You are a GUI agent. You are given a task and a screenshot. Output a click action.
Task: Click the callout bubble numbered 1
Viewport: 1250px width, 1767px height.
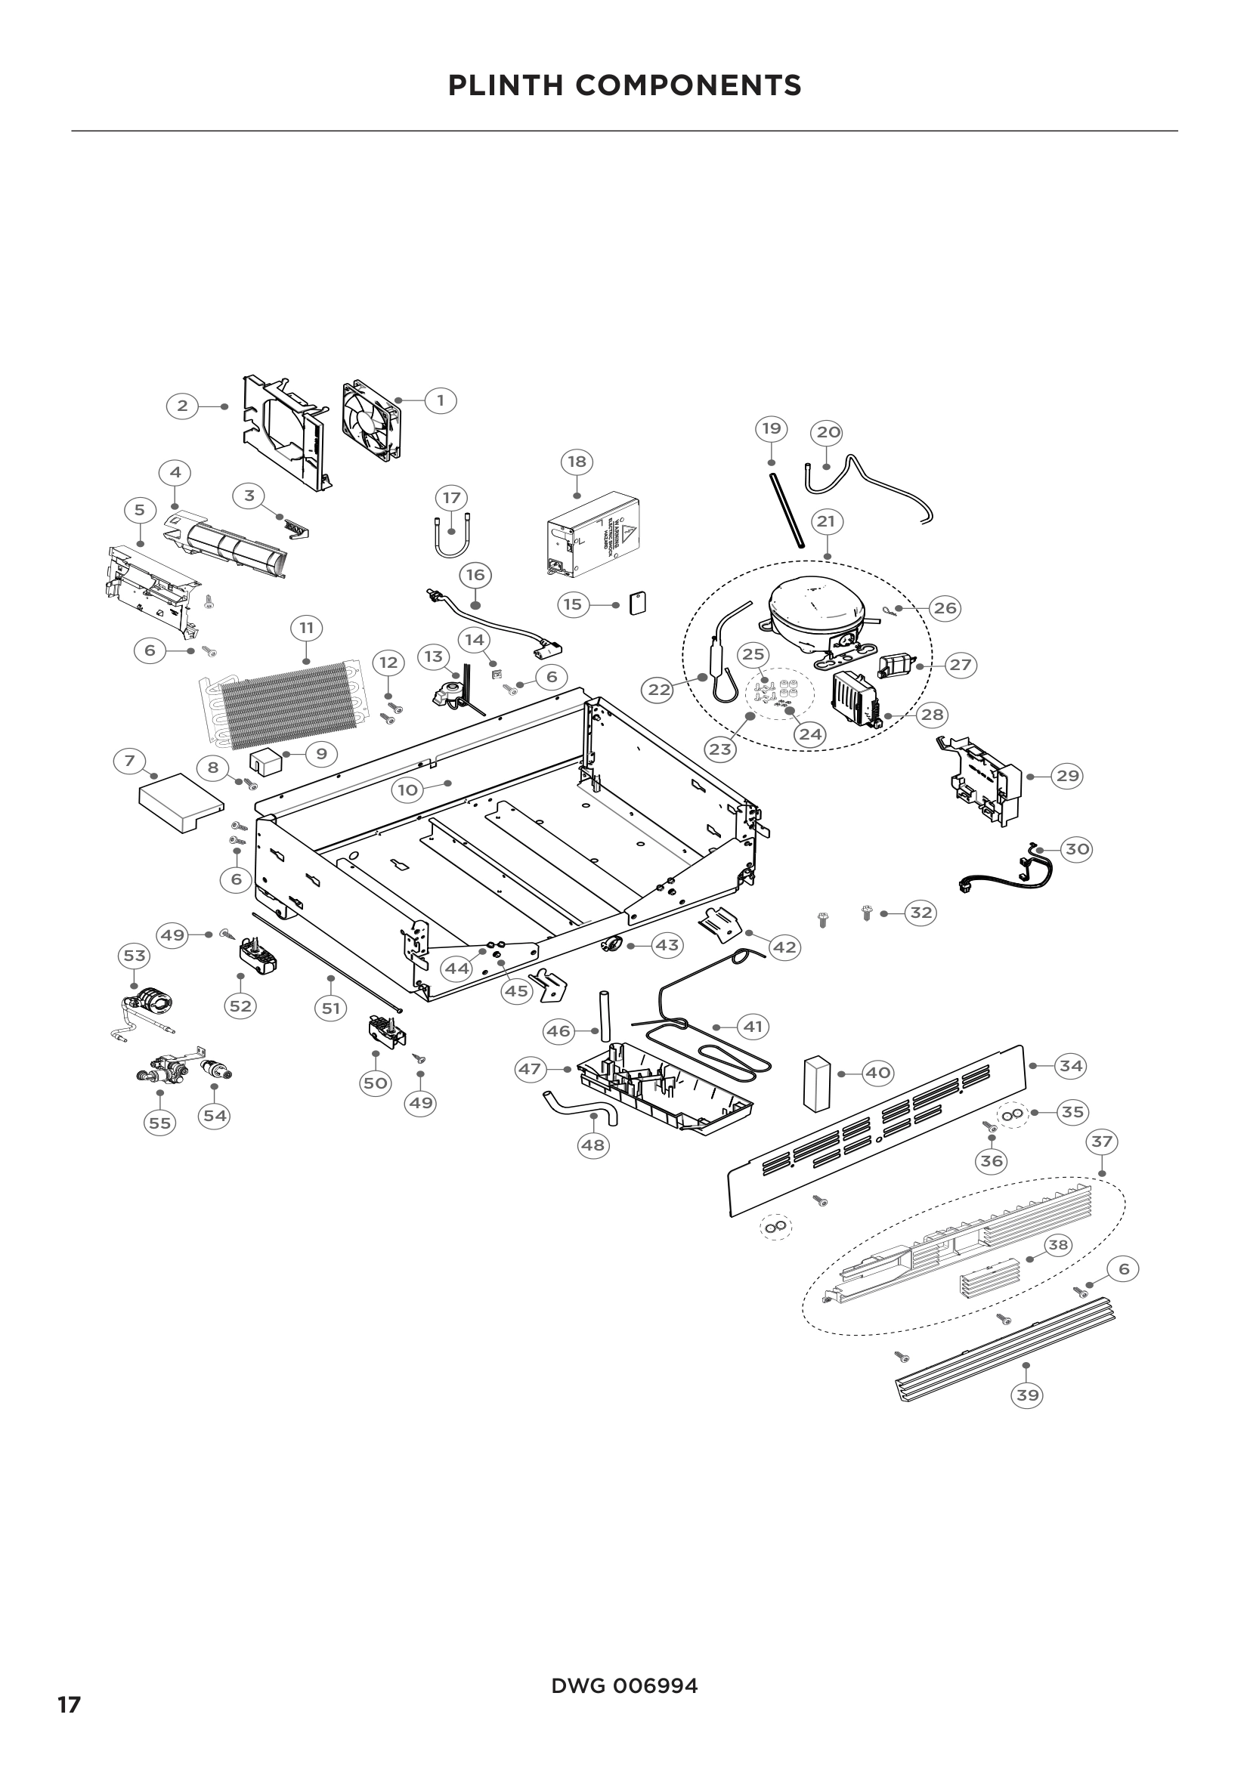point(441,400)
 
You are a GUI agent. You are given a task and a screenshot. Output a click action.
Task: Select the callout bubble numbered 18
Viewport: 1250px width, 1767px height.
point(577,462)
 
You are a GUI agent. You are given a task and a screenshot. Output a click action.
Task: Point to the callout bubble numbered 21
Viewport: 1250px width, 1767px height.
point(825,522)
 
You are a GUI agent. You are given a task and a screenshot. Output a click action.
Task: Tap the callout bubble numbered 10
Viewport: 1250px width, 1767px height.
point(407,789)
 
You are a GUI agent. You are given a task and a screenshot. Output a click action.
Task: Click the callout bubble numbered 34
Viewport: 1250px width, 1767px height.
point(1071,1066)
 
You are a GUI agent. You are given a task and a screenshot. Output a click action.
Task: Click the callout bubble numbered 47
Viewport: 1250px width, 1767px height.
point(530,1069)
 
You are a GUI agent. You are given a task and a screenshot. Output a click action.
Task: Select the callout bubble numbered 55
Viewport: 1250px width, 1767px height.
point(159,1123)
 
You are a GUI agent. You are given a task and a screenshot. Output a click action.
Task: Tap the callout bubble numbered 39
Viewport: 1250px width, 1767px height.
point(1028,1395)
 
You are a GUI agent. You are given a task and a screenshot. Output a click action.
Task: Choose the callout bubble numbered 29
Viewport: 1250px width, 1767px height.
point(1068,776)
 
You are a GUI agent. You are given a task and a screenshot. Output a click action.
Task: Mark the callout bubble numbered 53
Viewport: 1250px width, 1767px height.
point(135,956)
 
